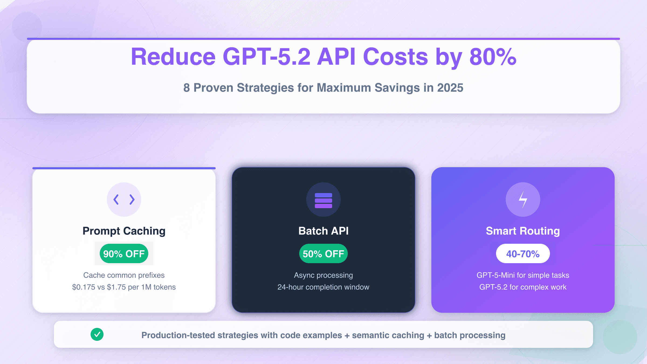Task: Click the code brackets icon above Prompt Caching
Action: [124, 200]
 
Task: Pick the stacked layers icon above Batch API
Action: [323, 200]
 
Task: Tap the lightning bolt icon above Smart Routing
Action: [523, 200]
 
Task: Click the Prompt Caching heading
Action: [124, 231]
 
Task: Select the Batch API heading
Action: [323, 231]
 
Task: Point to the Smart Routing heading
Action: [523, 231]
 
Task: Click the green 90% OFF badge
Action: [124, 254]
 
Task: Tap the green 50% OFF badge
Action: [323, 254]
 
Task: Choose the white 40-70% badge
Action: [523, 254]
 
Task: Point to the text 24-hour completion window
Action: [323, 287]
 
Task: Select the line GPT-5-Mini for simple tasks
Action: [523, 275]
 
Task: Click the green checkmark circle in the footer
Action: [97, 334]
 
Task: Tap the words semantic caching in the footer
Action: [388, 335]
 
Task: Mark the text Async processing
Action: [323, 275]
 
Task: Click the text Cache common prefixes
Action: [124, 275]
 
